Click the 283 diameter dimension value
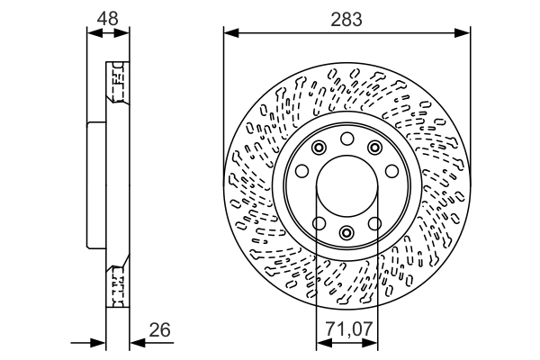[346, 19]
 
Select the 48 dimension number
[108, 19]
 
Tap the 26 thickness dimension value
[159, 330]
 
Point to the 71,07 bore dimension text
[347, 330]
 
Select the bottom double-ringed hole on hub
[347, 232]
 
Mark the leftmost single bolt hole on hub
[302, 172]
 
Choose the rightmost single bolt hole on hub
[392, 172]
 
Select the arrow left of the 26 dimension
[99, 342]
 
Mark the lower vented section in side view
[115, 286]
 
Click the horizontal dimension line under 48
[108, 33]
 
